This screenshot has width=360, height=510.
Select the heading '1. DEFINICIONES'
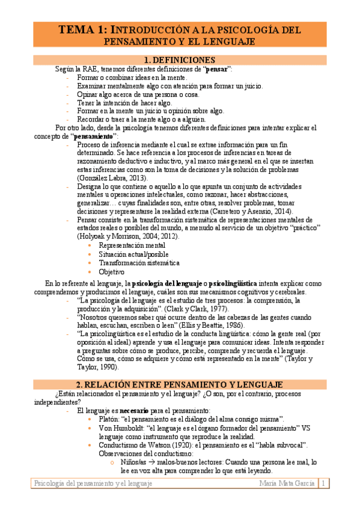coord(180,60)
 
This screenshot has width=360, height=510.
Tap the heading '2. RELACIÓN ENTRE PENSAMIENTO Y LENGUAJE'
coord(180,384)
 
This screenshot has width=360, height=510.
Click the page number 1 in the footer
coord(324,484)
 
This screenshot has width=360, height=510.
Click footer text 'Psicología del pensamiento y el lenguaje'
coord(93,484)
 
